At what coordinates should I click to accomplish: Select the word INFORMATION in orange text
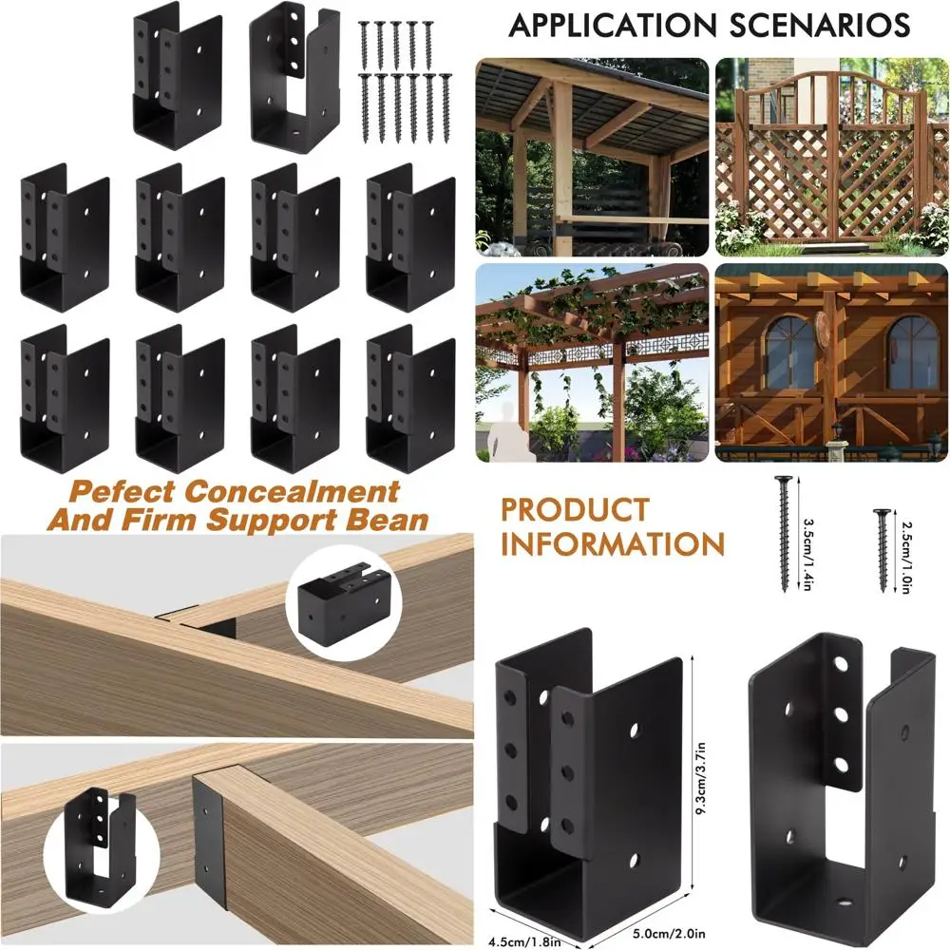pos(613,544)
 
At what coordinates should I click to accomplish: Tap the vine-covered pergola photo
pos(592,363)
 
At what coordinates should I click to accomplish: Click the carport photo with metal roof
pos(592,157)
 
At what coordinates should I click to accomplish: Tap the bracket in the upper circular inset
pos(343,600)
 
